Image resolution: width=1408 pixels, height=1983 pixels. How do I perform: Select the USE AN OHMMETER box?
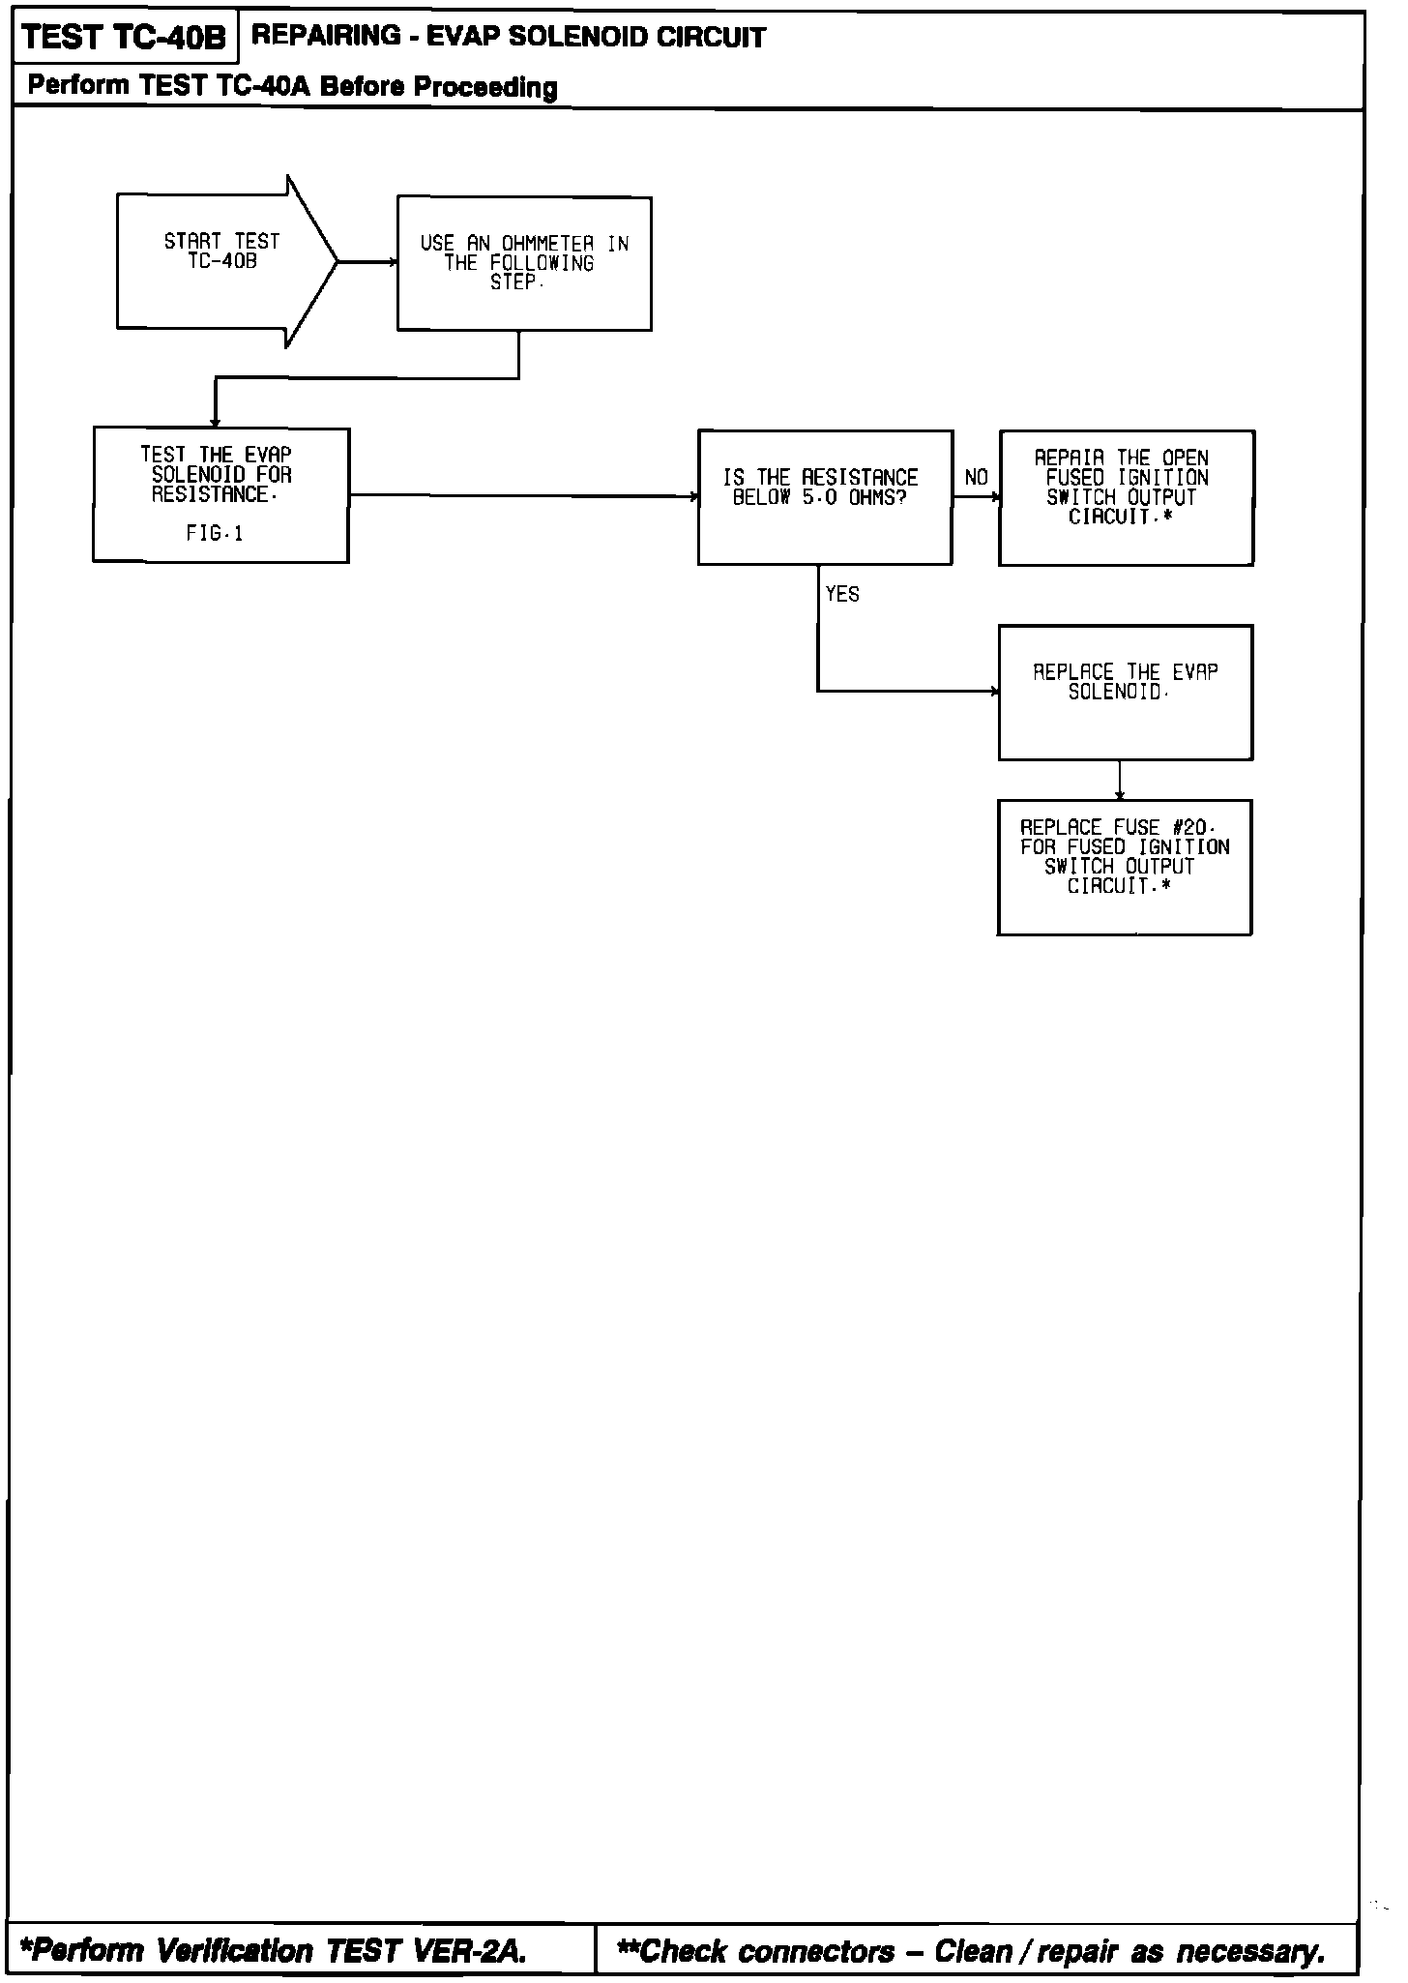point(524,263)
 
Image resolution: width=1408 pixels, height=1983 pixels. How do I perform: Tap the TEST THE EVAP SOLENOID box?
point(220,494)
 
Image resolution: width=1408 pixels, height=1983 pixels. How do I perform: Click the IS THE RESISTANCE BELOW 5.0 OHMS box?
point(825,497)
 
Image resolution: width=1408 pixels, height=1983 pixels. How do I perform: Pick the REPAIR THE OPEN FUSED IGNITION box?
point(1127,497)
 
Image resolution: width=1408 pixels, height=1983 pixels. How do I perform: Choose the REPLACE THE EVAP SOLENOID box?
point(1126,692)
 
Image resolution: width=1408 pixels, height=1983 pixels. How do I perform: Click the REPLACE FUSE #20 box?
point(1125,867)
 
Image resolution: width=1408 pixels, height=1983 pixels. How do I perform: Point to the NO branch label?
point(977,478)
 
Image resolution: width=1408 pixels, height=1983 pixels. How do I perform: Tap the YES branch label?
point(842,595)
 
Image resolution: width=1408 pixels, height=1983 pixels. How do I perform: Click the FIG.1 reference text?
point(215,534)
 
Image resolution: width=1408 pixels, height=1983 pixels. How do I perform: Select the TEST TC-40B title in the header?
point(123,38)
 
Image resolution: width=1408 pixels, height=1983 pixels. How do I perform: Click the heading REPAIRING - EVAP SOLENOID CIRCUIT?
point(509,38)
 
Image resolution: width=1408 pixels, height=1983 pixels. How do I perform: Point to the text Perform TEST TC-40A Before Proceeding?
point(292,86)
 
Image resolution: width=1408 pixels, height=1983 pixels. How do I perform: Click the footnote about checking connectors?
point(971,1951)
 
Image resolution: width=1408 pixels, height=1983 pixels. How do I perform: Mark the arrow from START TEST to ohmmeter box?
point(367,261)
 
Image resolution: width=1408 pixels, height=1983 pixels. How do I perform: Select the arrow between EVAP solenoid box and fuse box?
point(1120,780)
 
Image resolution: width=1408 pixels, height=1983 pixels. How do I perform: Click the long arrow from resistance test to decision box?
point(523,495)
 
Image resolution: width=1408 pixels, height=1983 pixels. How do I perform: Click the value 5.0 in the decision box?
point(818,498)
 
